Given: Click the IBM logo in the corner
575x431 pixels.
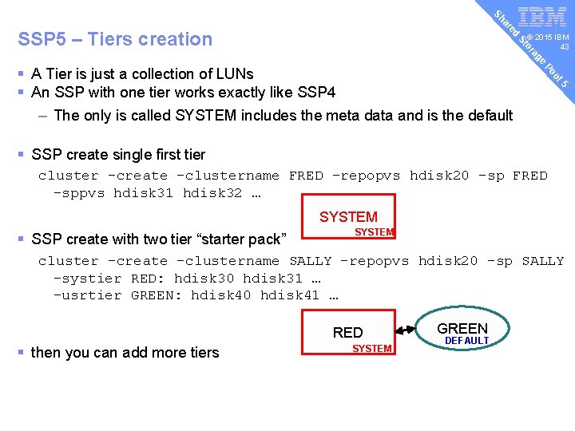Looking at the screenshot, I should pos(542,18).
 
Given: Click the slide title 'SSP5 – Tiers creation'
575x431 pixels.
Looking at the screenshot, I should pos(115,39).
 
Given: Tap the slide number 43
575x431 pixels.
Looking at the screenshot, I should pos(564,47).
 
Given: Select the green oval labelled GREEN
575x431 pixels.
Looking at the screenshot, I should pos(462,333).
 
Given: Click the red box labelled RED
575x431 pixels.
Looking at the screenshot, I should pos(348,333).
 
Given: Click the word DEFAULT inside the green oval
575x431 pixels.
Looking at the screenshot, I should pos(466,341).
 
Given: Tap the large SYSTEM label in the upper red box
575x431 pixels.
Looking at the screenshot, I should pos(348,216).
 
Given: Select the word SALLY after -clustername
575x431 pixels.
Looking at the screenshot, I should pos(310,261).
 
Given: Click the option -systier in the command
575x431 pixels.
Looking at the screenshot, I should pos(87,278).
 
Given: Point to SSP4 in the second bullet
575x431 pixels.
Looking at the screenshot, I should pos(317,92).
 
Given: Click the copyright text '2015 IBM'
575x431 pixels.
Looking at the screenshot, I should pos(550,38).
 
